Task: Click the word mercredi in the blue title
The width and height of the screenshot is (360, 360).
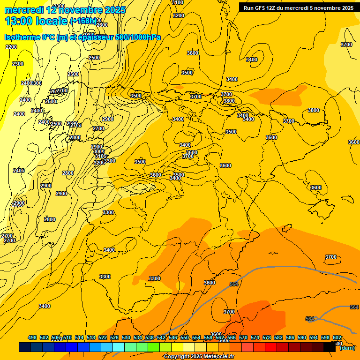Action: [x=23, y=10]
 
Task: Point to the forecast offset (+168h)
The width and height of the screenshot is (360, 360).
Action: [x=83, y=22]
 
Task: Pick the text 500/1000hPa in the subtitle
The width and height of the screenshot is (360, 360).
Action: [x=138, y=37]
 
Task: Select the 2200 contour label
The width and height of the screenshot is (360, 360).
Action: [x=11, y=47]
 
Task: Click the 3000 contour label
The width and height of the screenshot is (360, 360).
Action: [x=98, y=151]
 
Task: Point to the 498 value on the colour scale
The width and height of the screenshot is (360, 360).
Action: [x=32, y=337]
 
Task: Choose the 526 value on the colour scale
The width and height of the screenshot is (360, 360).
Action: [x=114, y=337]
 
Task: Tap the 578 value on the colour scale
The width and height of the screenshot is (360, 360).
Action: [x=267, y=337]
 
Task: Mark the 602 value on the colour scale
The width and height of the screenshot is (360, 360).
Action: [x=337, y=337]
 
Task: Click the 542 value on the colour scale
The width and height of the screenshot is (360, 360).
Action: [x=161, y=337]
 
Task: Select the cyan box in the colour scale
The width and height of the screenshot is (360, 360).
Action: [x=119, y=347]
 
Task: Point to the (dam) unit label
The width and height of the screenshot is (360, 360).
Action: [x=347, y=347]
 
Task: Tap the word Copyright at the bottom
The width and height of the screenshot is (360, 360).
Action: [x=176, y=357]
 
